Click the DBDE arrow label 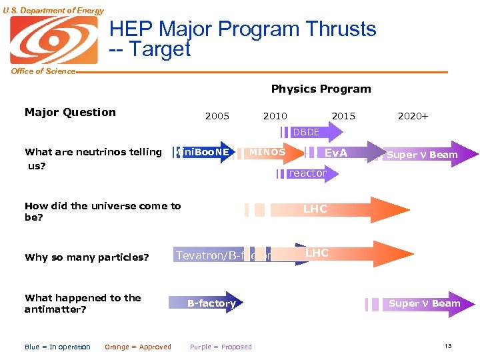tap(306, 133)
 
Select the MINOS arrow tap(267, 153)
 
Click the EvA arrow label tap(335, 153)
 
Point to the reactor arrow tap(307, 173)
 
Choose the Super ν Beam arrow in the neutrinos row tap(423, 155)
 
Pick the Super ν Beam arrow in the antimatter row tap(424, 304)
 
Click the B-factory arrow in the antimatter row tap(211, 303)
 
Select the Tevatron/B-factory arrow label tap(223, 255)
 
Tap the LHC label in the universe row tap(315, 209)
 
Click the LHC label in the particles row tap(317, 253)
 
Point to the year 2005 tap(217, 116)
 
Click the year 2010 tap(275, 116)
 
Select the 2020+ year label tap(413, 116)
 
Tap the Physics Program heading tap(321, 89)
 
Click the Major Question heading tap(70, 112)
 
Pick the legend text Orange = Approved tap(138, 347)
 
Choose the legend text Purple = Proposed tap(221, 347)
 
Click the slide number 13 tap(448, 345)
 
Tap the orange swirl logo tap(53, 40)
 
